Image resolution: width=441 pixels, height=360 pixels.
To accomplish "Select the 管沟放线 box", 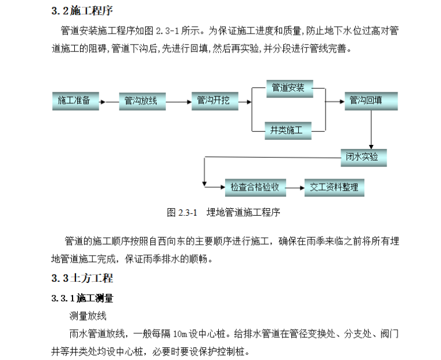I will tap(142, 101).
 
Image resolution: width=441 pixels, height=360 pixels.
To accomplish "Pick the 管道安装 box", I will tap(288, 89).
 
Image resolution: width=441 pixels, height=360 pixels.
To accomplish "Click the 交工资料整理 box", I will tap(334, 187).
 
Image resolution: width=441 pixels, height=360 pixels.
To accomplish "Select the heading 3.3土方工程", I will tap(82, 278).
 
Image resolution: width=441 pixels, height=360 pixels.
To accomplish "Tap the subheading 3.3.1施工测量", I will tap(82, 299).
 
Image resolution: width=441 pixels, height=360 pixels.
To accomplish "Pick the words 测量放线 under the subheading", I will tap(88, 316).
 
